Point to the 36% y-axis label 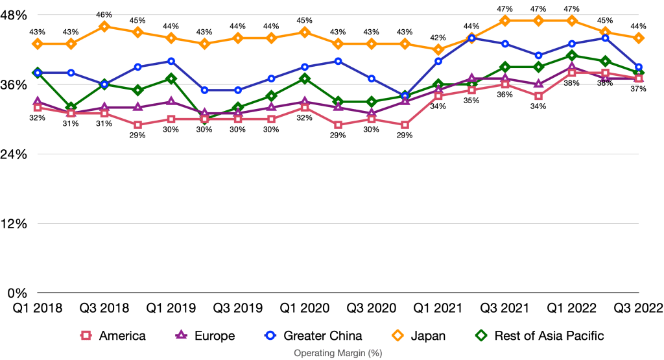click(x=15, y=85)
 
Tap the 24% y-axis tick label click(x=15, y=154)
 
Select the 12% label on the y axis click(x=15, y=224)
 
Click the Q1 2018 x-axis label click(x=37, y=308)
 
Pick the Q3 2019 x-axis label click(x=238, y=308)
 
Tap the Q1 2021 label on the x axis click(x=439, y=308)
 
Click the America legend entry click(x=113, y=336)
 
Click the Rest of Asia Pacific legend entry click(x=539, y=336)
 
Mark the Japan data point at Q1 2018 click(x=38, y=43)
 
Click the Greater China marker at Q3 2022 click(x=639, y=67)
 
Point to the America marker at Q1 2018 click(x=38, y=108)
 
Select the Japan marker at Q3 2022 click(x=639, y=38)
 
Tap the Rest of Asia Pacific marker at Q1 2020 click(x=305, y=78)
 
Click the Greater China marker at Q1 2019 click(x=171, y=61)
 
